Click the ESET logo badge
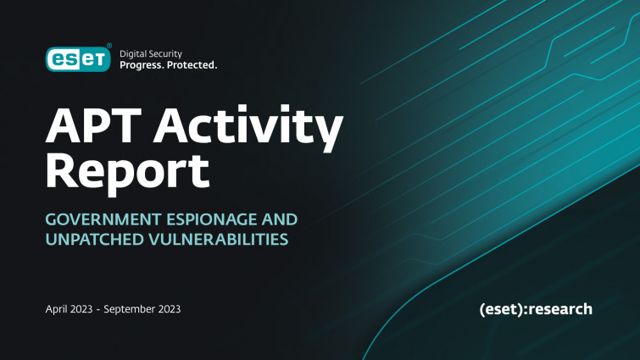[x=78, y=59]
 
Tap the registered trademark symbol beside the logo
[x=109, y=45]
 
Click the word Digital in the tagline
[x=132, y=54]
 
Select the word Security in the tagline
[x=165, y=54]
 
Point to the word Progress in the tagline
[x=142, y=65]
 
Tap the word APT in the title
[x=93, y=125]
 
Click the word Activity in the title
[x=248, y=128]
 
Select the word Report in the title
[x=127, y=173]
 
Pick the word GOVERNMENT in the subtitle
[x=103, y=219]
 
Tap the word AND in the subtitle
[x=280, y=219]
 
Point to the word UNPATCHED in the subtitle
[x=95, y=240]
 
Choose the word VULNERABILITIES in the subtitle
[x=219, y=240]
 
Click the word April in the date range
[x=55, y=309]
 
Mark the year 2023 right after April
[x=80, y=309]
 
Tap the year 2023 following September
[x=169, y=309]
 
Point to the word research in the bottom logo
[x=560, y=309]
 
